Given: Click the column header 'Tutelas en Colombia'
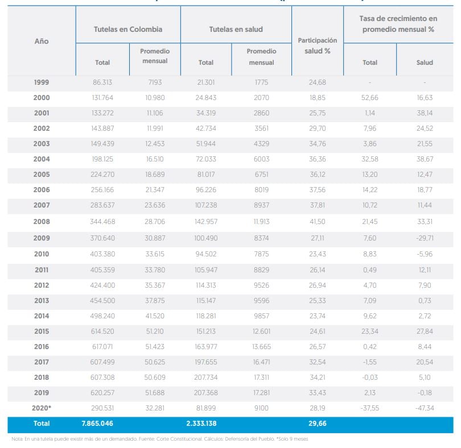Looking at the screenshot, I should (x=128, y=29).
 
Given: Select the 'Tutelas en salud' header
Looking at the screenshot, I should (x=236, y=29).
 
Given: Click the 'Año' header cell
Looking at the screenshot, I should (x=42, y=42).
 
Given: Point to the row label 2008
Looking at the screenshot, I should (x=42, y=222).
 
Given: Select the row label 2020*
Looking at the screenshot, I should (x=42, y=408).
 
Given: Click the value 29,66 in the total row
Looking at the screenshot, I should (x=317, y=424).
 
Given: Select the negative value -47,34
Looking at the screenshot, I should (x=425, y=408).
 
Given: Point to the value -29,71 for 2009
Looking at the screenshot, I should (x=425, y=238).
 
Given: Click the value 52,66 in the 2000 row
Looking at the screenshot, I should (x=370, y=98).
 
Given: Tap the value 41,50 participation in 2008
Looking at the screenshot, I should (x=317, y=222).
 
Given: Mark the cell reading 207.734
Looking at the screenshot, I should (x=206, y=377).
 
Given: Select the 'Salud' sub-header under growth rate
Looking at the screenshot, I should (x=425, y=63).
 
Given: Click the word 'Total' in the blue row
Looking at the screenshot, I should (x=42, y=424).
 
